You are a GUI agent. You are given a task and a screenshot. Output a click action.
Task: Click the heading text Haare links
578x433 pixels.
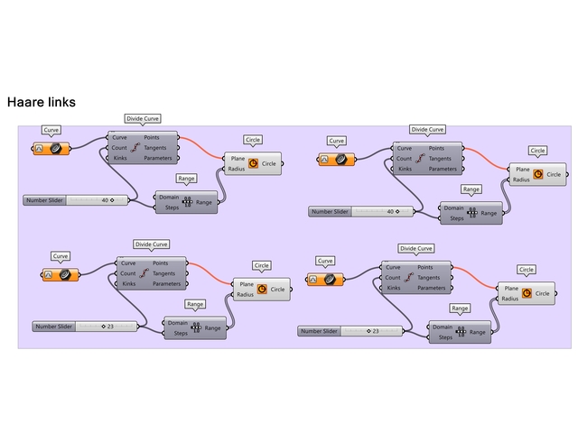click(x=41, y=103)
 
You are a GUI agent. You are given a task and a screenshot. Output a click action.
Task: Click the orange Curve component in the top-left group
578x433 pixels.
click(x=51, y=147)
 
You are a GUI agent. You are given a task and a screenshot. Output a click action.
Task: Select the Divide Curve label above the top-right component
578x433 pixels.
click(x=427, y=130)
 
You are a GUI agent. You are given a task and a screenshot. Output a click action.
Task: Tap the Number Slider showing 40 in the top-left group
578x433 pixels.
click(x=78, y=200)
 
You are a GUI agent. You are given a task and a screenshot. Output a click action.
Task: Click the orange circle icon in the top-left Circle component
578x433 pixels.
click(x=253, y=163)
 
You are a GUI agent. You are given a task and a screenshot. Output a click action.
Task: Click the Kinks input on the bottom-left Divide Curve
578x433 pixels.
click(x=129, y=284)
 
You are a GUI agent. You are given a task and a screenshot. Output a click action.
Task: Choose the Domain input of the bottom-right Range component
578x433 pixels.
click(x=443, y=327)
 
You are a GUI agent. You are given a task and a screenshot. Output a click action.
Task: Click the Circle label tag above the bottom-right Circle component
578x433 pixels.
click(x=527, y=270)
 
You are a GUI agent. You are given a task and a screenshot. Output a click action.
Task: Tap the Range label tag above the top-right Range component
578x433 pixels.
click(x=471, y=189)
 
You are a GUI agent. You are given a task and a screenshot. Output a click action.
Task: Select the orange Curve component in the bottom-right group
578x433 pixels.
click(x=325, y=280)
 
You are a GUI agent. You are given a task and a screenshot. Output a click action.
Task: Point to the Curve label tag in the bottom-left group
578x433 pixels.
click(x=61, y=256)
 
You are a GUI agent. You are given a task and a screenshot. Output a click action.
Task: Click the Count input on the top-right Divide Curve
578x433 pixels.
click(x=405, y=159)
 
